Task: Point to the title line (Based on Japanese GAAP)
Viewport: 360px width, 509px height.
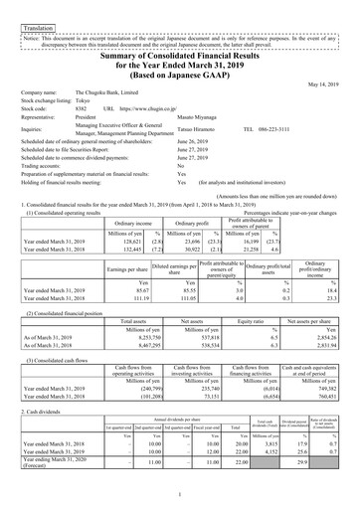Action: pos(180,70)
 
